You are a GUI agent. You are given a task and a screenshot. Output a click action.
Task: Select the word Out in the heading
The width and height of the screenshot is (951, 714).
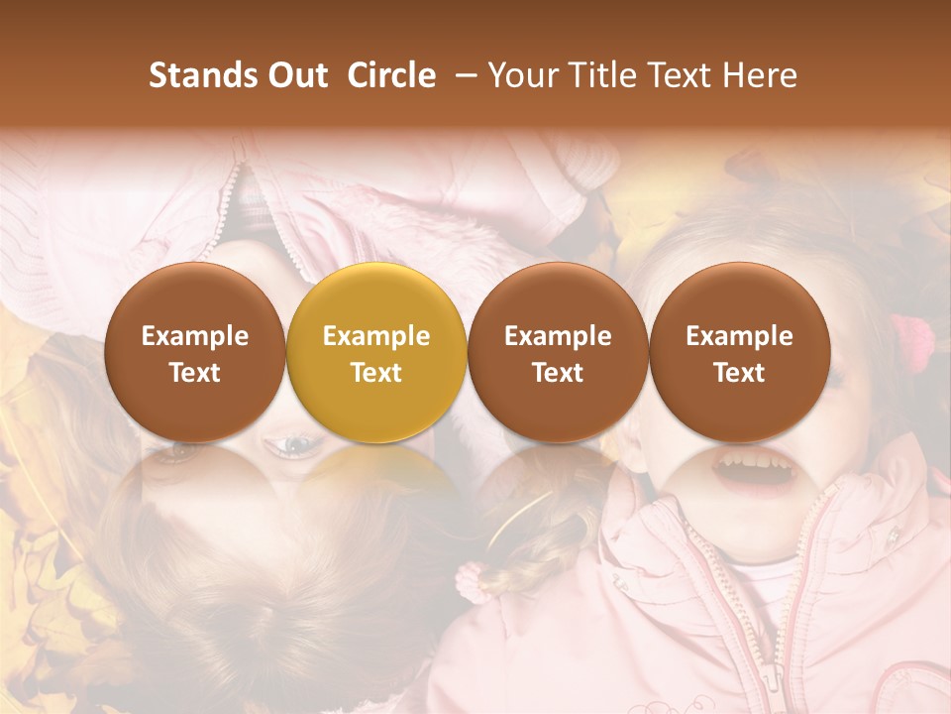coord(295,75)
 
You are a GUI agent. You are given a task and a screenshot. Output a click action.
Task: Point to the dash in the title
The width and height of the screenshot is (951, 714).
coord(463,76)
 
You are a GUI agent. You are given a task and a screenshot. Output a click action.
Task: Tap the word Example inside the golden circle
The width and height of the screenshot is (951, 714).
coord(376,336)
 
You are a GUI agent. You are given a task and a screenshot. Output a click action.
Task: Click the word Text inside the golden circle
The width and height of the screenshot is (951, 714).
coord(376,373)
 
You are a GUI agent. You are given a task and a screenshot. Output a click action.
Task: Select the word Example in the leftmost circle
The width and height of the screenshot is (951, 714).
coord(195,336)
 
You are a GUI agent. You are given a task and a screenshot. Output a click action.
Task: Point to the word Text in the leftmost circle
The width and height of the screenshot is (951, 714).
coord(195,373)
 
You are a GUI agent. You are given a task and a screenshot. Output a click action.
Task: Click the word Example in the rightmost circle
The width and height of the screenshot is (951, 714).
coord(739,336)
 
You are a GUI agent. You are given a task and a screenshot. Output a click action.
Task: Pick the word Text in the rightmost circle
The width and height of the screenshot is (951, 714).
coord(739,373)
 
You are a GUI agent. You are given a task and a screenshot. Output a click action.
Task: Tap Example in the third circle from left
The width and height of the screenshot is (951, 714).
coord(558,336)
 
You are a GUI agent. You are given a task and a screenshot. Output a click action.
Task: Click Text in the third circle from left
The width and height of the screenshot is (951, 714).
coord(558,373)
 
